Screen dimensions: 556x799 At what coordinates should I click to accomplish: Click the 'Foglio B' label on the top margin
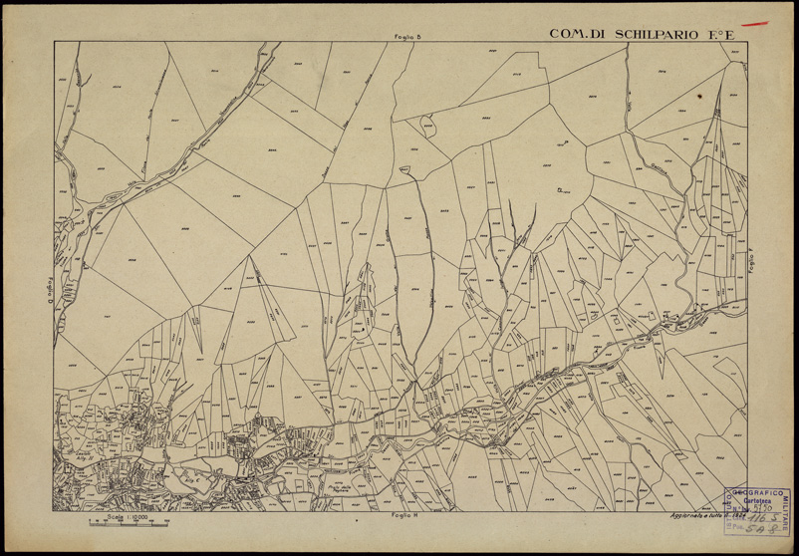pos(408,38)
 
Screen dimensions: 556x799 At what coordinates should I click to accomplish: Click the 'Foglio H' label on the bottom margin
pos(402,517)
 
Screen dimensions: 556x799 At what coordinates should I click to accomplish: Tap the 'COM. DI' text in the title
pos(572,34)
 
